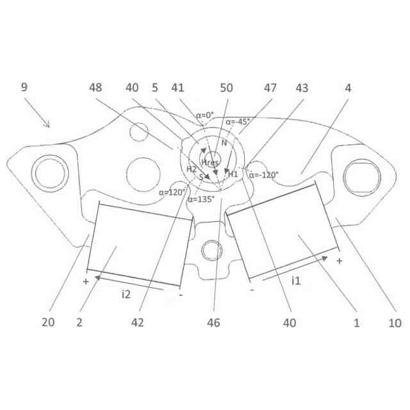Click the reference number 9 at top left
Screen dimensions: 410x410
click(24, 87)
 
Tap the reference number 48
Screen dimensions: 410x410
click(95, 88)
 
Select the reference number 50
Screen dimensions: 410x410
click(226, 88)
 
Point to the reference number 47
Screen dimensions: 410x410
click(270, 88)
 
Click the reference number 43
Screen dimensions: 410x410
click(302, 88)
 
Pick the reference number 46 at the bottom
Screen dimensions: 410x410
click(213, 323)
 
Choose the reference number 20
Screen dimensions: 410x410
click(48, 322)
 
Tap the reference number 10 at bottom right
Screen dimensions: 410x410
click(395, 323)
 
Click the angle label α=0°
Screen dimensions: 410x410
click(205, 115)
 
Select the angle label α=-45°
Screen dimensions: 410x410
click(238, 122)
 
